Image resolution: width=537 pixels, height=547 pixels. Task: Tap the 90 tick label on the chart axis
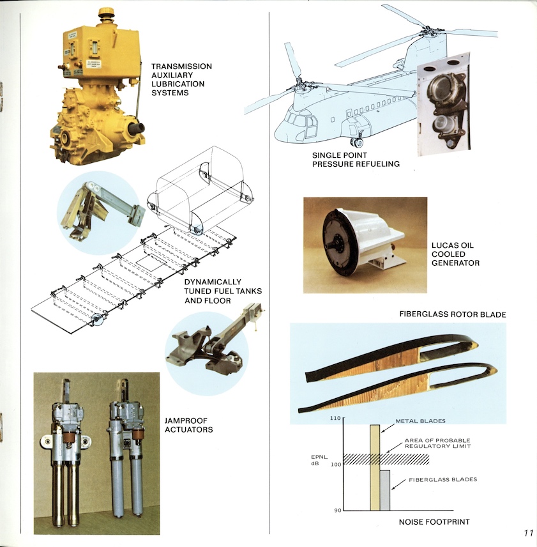pos(337,510)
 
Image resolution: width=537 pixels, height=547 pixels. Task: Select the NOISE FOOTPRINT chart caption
pos(434,522)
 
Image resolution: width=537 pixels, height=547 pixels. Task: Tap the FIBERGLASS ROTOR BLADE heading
pos(452,314)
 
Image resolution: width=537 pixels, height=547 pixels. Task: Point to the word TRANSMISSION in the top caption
pos(181,66)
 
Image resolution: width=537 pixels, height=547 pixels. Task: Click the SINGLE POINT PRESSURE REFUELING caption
pos(356,160)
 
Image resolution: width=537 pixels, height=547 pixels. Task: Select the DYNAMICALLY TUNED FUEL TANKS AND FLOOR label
pos(223,291)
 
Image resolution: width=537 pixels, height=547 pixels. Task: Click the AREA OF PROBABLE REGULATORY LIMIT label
pos(437,443)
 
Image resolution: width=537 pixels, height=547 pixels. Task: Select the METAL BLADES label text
pos(420,421)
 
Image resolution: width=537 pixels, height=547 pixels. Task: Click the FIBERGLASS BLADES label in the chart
pos(445,479)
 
